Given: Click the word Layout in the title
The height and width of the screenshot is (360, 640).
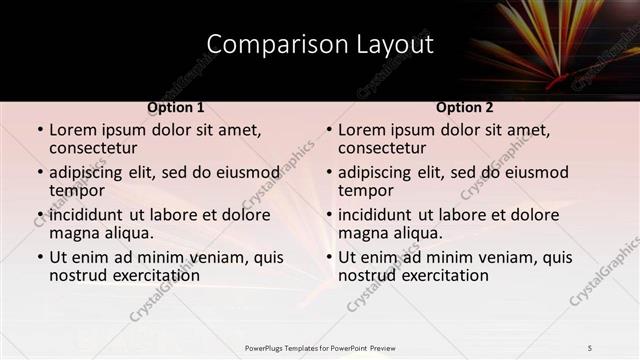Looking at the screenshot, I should point(395,45).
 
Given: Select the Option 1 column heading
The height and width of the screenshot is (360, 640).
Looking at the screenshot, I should point(176,107).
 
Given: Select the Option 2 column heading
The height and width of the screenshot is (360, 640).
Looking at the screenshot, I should point(464,107).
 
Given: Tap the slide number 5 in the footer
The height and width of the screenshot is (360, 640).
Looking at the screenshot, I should point(590,347).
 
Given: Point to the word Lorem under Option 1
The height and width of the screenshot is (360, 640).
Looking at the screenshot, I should point(72,130).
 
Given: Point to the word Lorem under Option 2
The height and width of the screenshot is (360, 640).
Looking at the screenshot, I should point(361,130).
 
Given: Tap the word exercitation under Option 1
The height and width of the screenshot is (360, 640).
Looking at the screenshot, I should point(143,275).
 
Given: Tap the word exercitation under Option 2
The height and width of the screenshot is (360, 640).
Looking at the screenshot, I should point(432,275).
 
